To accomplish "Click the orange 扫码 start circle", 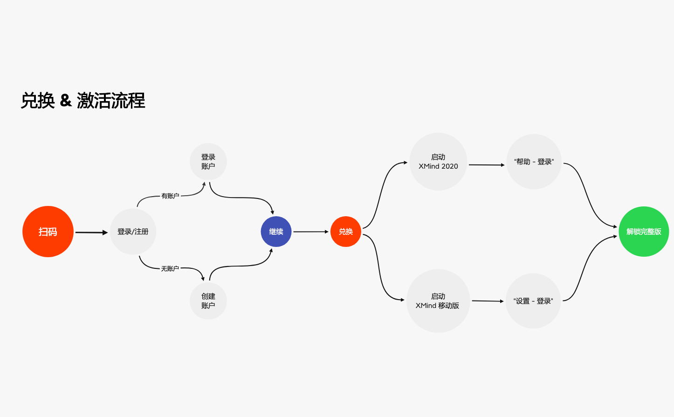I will click(48, 232).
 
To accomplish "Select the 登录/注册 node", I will click(133, 232).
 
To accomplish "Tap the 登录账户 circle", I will click(208, 162).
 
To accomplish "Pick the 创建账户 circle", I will click(208, 301).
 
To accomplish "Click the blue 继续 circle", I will click(276, 232).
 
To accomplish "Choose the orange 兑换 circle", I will click(346, 232).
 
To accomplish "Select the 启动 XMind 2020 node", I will click(438, 162).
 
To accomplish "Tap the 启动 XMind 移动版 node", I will click(438, 301).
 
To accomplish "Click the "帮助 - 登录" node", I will click(534, 162).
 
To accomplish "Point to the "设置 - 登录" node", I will click(533, 301).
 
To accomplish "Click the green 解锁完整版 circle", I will click(644, 232).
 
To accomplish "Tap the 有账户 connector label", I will click(170, 196).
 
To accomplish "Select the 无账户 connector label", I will click(170, 269).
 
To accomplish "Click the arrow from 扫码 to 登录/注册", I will click(91, 232).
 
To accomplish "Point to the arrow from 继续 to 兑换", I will click(311, 232).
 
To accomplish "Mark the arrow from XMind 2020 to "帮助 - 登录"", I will click(486, 165).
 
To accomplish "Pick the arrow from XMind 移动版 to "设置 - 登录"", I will click(488, 301).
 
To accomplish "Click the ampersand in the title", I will click(66, 100).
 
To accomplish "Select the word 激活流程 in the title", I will click(111, 101).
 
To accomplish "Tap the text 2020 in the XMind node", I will click(450, 166).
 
